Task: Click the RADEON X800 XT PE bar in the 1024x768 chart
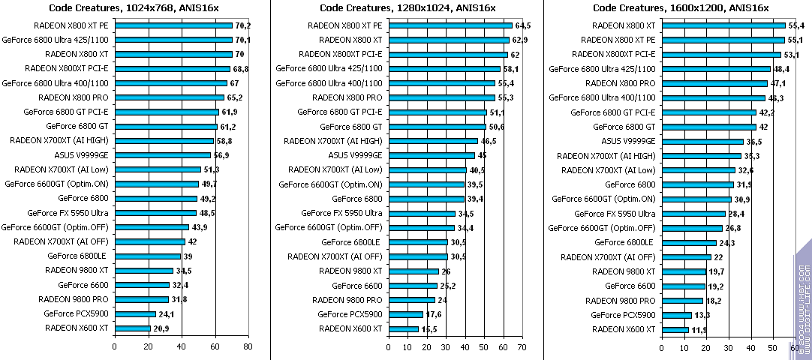(173, 25)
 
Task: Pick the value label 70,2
(243, 25)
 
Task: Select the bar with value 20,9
(132, 328)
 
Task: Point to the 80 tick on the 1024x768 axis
(248, 347)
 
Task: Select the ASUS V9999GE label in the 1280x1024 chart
(355, 155)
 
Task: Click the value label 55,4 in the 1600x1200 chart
(796, 25)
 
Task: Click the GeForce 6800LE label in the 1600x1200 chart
(624, 242)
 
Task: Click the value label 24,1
(167, 313)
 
